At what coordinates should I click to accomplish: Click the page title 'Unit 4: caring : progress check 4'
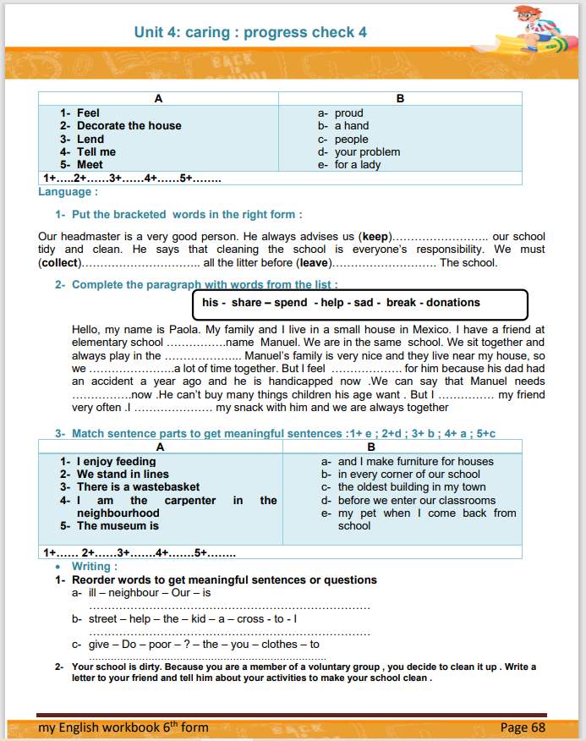coord(250,32)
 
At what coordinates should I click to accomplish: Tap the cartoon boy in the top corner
coord(534,29)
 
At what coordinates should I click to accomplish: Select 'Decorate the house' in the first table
coord(129,126)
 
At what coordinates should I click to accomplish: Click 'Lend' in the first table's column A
coord(90,139)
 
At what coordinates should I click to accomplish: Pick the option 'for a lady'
coord(358,165)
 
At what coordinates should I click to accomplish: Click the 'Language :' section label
coord(68,192)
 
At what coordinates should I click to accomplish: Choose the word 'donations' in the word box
coord(452,303)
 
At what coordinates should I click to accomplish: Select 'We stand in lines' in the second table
coord(123,475)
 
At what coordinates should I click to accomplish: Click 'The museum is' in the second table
coord(118,526)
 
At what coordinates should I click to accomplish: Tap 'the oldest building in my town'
coord(412,487)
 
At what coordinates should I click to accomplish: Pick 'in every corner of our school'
coord(408,475)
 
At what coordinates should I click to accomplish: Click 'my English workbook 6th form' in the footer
coord(123,727)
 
